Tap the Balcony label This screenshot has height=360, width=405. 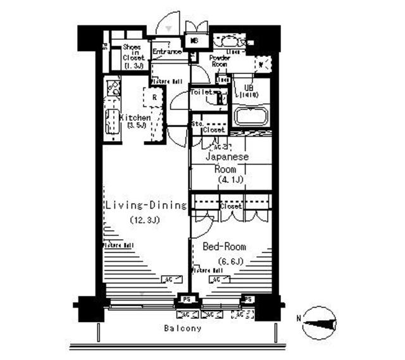click(x=182, y=328)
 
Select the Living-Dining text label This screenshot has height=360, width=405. click(x=146, y=206)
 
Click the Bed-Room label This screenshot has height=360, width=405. click(x=224, y=247)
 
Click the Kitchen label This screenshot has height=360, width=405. click(x=135, y=118)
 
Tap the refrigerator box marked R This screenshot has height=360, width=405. click(x=154, y=97)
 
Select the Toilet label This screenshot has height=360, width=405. click(x=202, y=92)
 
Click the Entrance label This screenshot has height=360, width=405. click(x=167, y=51)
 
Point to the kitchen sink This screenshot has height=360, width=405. click(x=112, y=120)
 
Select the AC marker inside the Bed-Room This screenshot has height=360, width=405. click(x=215, y=279)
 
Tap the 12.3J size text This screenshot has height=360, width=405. click(x=145, y=221)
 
